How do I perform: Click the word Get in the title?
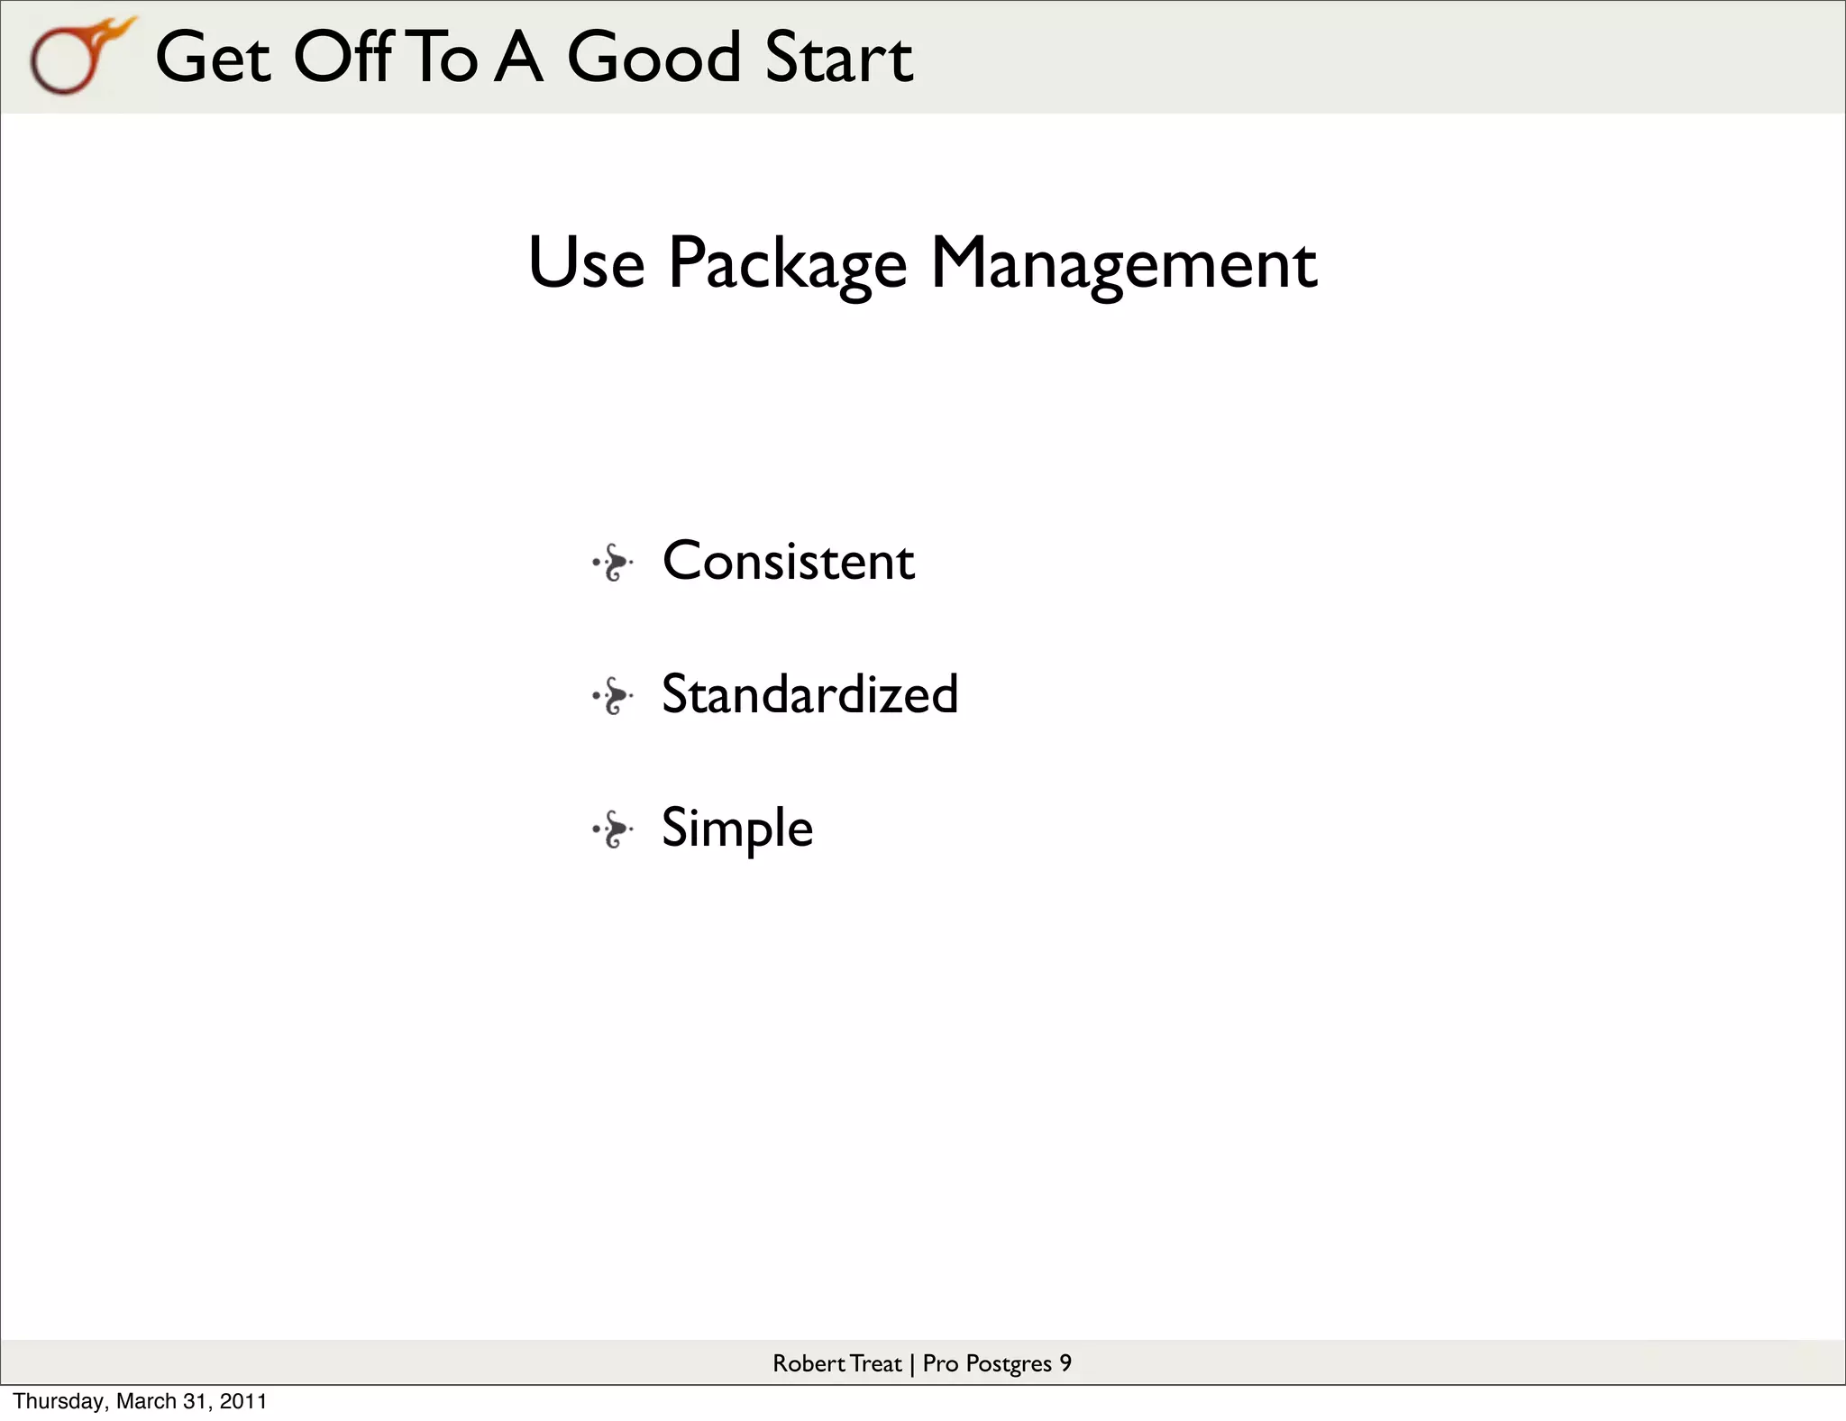(213, 58)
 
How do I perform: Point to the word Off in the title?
(343, 58)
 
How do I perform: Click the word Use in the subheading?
(586, 263)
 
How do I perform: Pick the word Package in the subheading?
(786, 263)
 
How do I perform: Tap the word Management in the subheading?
(1123, 263)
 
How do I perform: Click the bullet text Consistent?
(788, 561)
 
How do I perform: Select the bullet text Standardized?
(809, 694)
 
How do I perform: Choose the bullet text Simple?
(736, 828)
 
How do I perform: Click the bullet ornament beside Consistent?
(613, 563)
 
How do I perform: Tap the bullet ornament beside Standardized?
(613, 696)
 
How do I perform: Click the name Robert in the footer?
(809, 1363)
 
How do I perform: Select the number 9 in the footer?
(1065, 1363)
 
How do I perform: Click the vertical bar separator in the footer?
(912, 1364)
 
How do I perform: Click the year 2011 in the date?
(243, 1401)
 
